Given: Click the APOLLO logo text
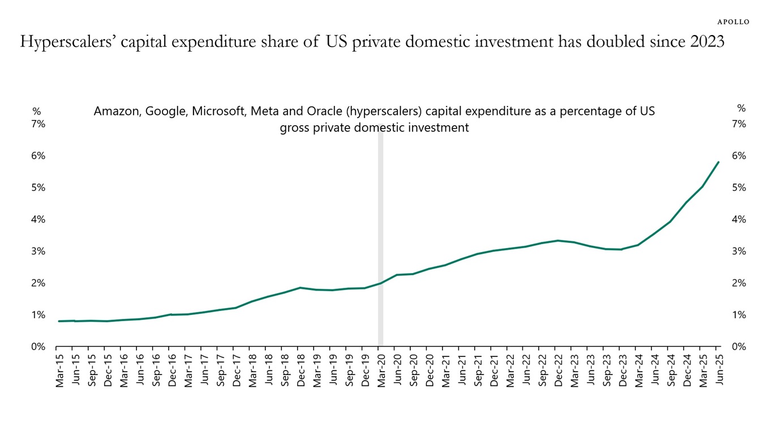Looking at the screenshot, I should coord(733,22).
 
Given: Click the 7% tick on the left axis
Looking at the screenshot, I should coord(37,124).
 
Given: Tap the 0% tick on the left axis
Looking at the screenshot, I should coord(37,347).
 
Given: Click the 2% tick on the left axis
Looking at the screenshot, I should coord(37,283).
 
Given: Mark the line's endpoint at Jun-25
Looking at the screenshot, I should coord(718,162).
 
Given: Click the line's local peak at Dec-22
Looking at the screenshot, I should coord(558,241).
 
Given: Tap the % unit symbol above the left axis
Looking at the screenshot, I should coord(36,110).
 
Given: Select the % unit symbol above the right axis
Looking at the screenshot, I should coord(741,108).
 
